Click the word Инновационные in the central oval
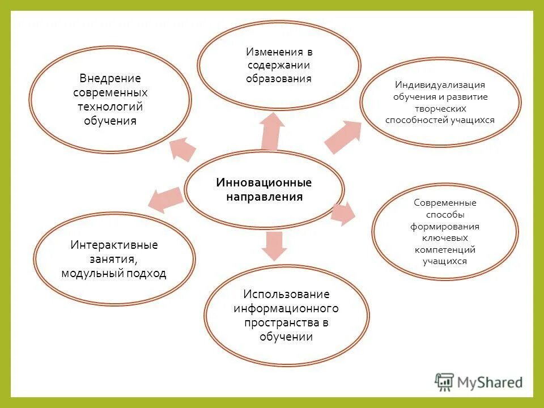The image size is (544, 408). [264, 182]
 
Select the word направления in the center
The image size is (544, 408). [264, 197]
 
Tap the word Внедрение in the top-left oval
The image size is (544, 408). [110, 78]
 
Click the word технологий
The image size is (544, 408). [110, 107]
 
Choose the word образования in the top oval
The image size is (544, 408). [278, 79]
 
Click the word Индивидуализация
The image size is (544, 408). [440, 84]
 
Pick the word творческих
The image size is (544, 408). [440, 108]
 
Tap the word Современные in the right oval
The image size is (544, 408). [445, 203]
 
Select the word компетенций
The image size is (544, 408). [445, 249]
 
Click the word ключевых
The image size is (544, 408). [445, 238]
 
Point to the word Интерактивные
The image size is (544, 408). [114, 245]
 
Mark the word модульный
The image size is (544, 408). [87, 274]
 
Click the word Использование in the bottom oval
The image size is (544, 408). [286, 294]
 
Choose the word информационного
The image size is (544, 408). [286, 308]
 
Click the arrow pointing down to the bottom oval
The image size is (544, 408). [273, 245]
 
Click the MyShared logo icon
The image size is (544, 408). [444, 382]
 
